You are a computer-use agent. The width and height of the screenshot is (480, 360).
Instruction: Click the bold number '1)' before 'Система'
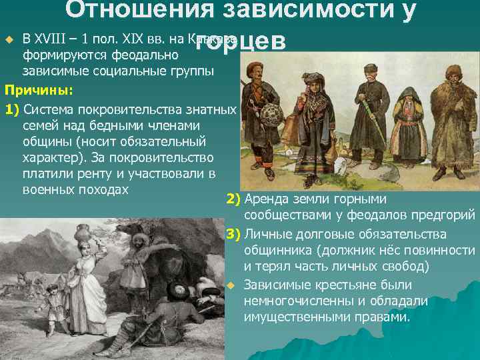coord(14,109)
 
